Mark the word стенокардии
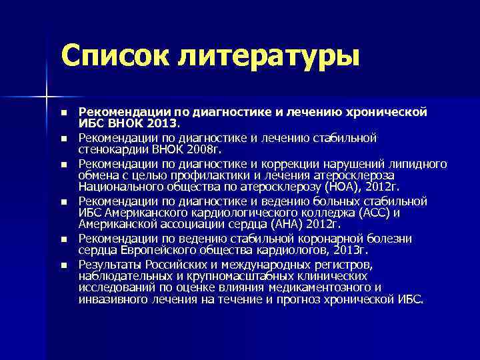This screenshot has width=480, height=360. (109, 149)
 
